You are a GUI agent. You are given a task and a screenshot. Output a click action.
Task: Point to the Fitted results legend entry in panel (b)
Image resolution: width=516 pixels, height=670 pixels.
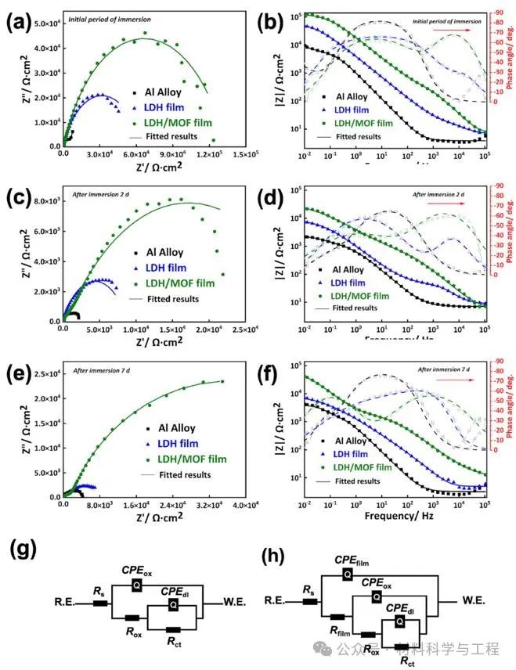pyautogui.click(x=356, y=136)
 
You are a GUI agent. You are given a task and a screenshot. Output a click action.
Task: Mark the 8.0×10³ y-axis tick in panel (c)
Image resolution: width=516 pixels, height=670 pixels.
pyautogui.click(x=46, y=200)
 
